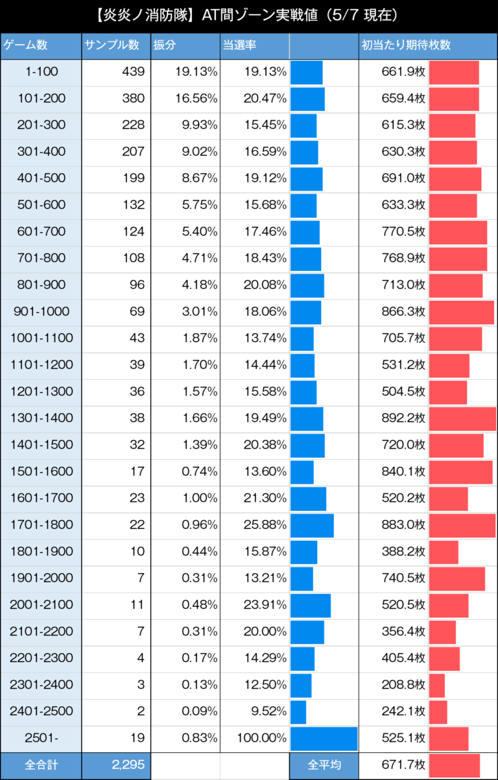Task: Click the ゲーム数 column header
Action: (26, 45)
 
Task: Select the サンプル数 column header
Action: (111, 45)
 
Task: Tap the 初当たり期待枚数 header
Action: (405, 45)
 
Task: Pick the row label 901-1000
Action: (41, 312)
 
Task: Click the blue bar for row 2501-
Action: (324, 738)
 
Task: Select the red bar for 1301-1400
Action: (462, 418)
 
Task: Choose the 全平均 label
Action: (324, 765)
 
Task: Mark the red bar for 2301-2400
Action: (437, 685)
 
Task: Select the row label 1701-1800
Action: (41, 525)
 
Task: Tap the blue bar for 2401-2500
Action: (298, 711)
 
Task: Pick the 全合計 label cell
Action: (41, 765)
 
